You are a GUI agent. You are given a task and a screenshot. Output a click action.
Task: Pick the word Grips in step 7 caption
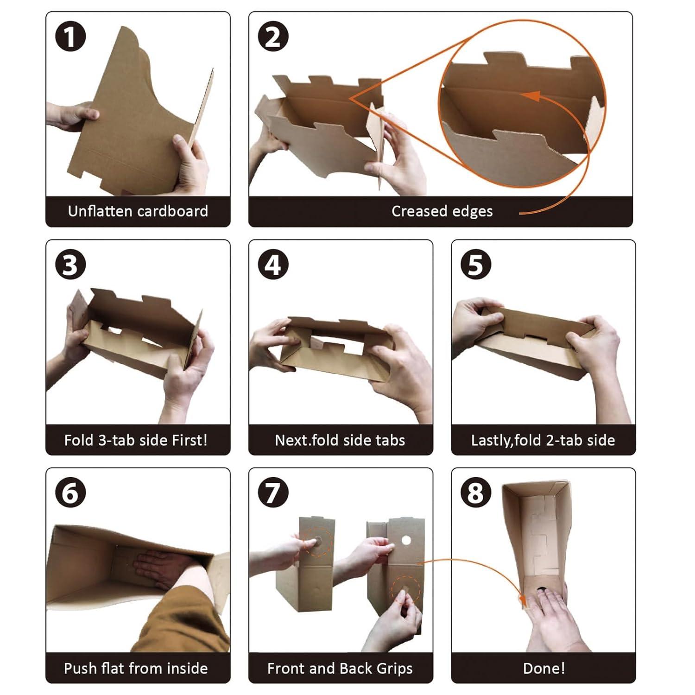click(394, 669)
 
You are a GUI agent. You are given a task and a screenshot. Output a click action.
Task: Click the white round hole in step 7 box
click(406, 540)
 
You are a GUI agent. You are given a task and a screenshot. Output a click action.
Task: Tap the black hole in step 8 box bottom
click(541, 589)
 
